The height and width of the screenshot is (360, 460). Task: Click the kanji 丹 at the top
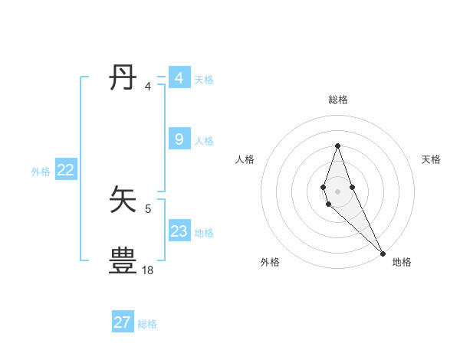(x=124, y=78)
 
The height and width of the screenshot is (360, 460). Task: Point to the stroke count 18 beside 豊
(x=148, y=270)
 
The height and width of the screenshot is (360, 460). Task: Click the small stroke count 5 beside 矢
(x=148, y=208)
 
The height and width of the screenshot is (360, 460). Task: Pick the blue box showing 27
(x=123, y=322)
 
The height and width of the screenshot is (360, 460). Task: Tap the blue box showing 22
(x=65, y=170)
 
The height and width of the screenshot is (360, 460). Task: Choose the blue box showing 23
(x=179, y=231)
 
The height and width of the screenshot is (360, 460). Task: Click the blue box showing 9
(x=179, y=139)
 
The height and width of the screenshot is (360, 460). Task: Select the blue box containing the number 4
(x=179, y=78)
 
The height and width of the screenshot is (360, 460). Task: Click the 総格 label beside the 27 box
(x=147, y=324)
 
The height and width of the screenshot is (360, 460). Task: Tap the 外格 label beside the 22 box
(x=41, y=172)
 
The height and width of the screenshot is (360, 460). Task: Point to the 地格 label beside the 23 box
(x=205, y=233)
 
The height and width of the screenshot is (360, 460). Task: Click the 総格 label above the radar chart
(x=337, y=100)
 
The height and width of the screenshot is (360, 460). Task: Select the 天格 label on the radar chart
(x=432, y=159)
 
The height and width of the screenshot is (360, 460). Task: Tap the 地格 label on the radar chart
(x=402, y=262)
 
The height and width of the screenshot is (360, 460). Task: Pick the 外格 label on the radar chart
(x=270, y=262)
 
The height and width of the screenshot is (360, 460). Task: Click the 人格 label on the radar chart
(x=245, y=159)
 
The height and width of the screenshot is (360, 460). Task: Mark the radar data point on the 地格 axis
(x=383, y=254)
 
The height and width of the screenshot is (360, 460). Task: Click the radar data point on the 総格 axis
(x=337, y=146)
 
